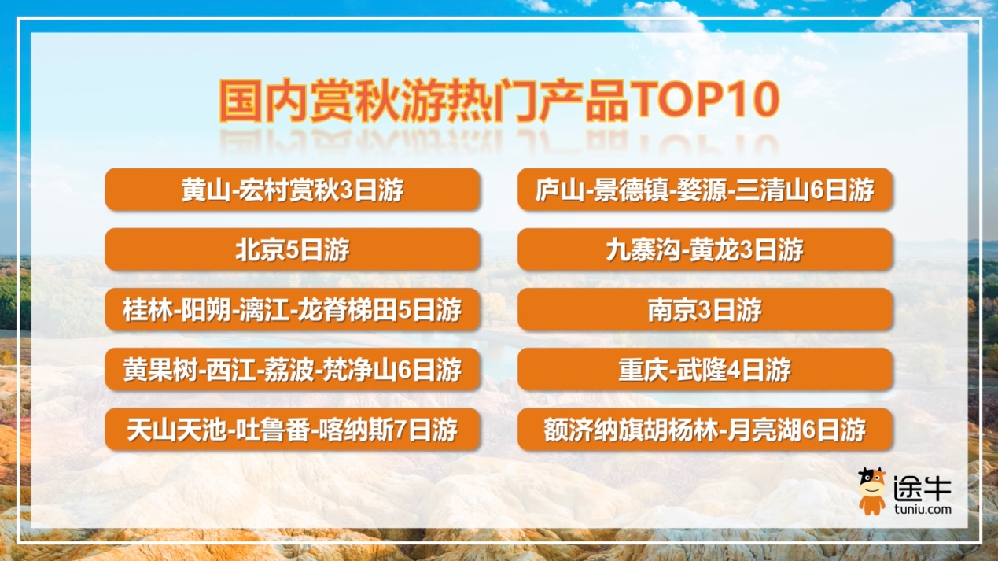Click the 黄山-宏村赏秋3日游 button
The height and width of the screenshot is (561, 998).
tap(293, 190)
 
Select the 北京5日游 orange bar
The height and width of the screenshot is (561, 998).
tap(293, 249)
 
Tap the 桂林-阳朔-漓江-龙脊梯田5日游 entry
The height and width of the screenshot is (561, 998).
tap(293, 310)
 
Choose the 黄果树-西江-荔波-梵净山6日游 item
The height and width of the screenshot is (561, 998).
tap(293, 369)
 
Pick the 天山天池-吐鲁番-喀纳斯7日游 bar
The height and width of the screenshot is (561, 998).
tap(293, 430)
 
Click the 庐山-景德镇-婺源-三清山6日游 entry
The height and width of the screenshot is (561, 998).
tap(705, 190)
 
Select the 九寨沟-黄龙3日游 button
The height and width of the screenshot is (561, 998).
tap(705, 249)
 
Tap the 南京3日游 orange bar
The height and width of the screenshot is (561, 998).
tap(705, 310)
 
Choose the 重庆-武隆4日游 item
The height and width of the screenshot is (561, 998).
tap(705, 369)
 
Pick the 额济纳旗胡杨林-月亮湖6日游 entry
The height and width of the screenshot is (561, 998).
tap(705, 430)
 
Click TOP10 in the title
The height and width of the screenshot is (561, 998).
tap(705, 99)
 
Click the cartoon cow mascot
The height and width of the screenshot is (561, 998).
tap(872, 491)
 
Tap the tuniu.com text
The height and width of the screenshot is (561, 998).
tap(923, 509)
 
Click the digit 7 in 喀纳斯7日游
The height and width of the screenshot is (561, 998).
tap(400, 430)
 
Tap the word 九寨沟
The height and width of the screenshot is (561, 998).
tap(643, 249)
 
